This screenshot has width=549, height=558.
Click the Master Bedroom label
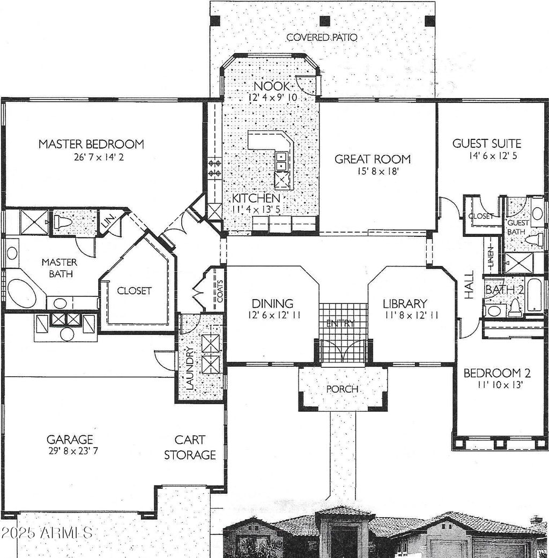(91, 144)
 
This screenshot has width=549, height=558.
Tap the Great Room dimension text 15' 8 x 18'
(378, 172)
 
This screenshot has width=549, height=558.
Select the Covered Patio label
(322, 38)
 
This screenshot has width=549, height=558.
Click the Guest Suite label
(487, 144)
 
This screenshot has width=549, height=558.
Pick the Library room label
(405, 303)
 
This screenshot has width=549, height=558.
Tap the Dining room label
(272, 303)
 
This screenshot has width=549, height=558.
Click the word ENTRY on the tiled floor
(340, 323)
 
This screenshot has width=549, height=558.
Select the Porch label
(342, 389)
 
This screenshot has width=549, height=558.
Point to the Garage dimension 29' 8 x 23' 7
(73, 451)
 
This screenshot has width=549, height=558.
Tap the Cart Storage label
(190, 448)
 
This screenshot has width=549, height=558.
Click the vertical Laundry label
(190, 368)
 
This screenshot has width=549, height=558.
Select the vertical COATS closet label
(220, 291)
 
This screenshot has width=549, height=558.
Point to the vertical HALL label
(470, 285)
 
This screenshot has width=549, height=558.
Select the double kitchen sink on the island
(281, 161)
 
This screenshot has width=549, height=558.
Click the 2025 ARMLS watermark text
(47, 532)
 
